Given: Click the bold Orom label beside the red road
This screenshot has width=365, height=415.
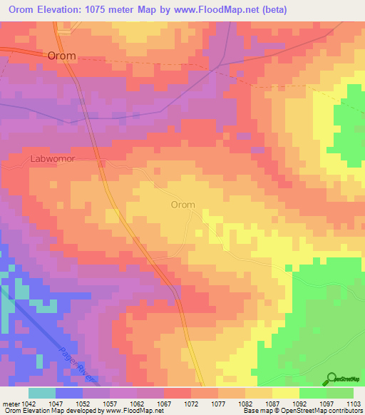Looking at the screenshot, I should click(61, 56).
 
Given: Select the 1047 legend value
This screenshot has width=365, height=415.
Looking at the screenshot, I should click(55, 403).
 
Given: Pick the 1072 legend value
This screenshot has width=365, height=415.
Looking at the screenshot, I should click(190, 403).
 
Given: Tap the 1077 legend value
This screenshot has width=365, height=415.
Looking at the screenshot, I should click(218, 403).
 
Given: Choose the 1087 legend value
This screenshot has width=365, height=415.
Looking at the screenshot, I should click(272, 403).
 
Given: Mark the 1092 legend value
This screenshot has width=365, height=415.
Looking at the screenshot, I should click(299, 403).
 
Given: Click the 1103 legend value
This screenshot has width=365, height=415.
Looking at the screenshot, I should click(354, 403).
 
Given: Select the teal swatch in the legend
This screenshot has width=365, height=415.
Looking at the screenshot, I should click(42, 393).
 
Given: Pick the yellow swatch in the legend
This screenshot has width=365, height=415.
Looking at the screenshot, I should click(286, 393).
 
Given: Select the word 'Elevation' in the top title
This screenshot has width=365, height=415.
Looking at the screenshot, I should click(64, 9).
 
